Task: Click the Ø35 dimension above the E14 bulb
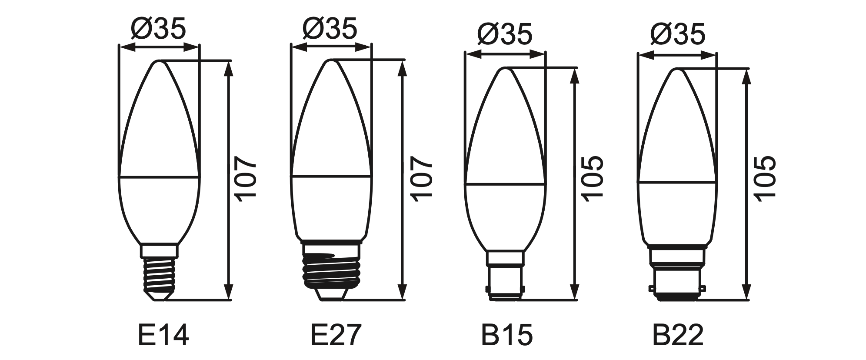point(158,28)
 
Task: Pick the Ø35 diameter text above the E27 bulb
point(330,28)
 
